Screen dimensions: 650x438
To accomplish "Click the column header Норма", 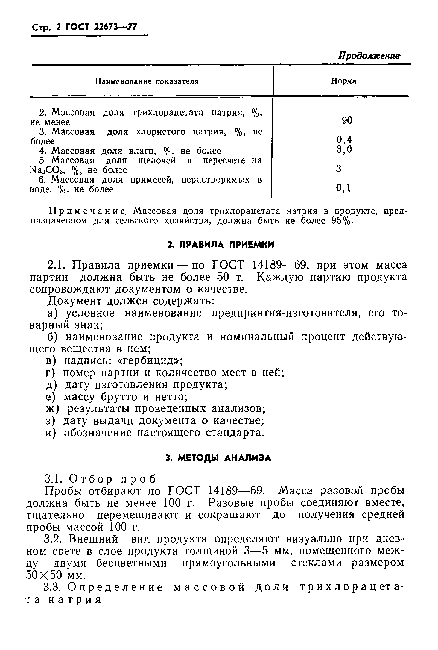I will pos(343,81).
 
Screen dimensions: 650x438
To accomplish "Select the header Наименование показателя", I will pos(147,81).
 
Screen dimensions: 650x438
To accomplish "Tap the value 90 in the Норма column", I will pos(347,120).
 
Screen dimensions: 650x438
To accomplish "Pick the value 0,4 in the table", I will pos(344,139).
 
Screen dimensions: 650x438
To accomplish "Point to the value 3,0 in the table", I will pos(344,150).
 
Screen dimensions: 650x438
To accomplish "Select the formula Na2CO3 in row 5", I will pos(48,170).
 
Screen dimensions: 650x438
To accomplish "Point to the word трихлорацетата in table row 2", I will pos(168,113).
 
